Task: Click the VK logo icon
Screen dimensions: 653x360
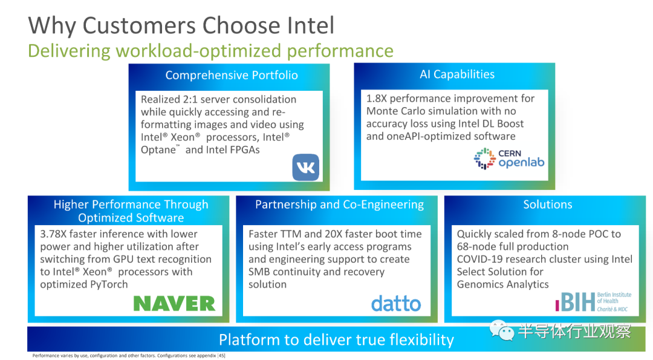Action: tap(306, 168)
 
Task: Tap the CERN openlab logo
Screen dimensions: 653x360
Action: tap(509, 159)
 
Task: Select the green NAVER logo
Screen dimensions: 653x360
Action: tap(174, 303)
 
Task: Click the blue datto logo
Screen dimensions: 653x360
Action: tap(395, 304)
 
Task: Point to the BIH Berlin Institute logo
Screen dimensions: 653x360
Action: tap(594, 302)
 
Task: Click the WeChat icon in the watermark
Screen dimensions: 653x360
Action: tap(502, 330)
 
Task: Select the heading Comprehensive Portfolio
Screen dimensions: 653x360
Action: tap(232, 75)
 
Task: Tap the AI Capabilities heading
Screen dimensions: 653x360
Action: tap(457, 74)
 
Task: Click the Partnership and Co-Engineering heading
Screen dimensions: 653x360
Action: tap(339, 205)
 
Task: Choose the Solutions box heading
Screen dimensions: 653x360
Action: tap(548, 204)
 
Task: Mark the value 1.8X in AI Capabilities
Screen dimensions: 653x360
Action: tap(377, 99)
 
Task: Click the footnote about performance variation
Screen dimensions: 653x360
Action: tap(129, 355)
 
